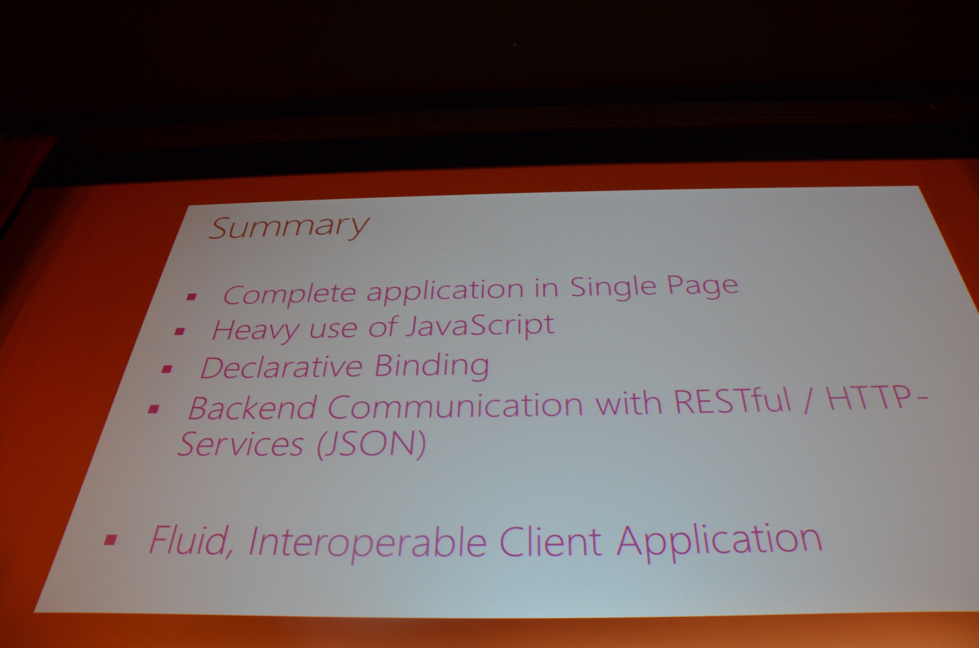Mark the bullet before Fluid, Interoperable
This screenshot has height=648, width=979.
[x=110, y=540]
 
